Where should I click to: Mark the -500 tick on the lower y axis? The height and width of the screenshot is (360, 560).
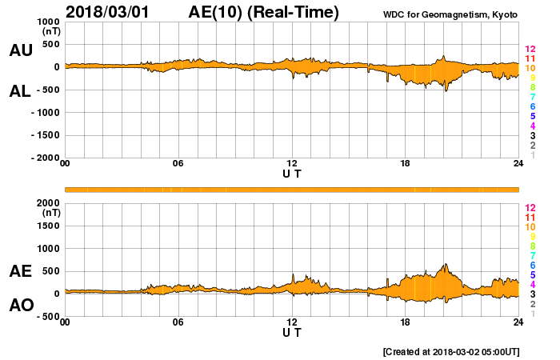click(47, 317)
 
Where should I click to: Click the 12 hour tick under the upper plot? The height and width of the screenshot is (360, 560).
click(292, 164)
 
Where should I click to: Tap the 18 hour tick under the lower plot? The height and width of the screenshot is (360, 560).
click(406, 322)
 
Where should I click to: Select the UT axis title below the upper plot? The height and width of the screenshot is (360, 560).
click(292, 173)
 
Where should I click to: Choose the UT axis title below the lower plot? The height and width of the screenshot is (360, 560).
click(292, 331)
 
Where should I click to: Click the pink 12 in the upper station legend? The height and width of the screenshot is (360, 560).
click(530, 50)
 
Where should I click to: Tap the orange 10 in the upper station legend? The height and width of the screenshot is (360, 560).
click(530, 69)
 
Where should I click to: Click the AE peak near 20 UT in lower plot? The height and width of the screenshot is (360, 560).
click(444, 265)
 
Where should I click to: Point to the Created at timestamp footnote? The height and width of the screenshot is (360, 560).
click(451, 351)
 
